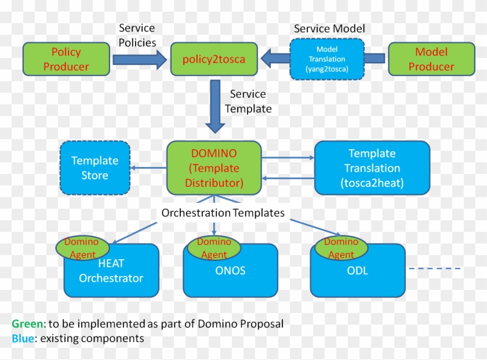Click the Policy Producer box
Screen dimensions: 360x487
[66, 59]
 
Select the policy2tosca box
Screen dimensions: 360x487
[214, 59]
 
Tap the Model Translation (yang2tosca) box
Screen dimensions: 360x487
[326, 59]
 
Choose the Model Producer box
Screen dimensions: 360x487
[431, 59]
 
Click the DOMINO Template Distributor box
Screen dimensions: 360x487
[214, 168]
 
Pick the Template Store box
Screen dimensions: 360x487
[95, 168]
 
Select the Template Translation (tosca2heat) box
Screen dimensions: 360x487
[372, 168]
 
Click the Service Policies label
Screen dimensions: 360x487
[137, 35]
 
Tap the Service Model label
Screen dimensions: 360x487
[329, 28]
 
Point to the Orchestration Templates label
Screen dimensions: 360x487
[223, 213]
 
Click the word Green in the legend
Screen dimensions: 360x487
[27, 323]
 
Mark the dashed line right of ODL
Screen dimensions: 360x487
[435, 268]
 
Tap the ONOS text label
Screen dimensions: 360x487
[230, 270]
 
